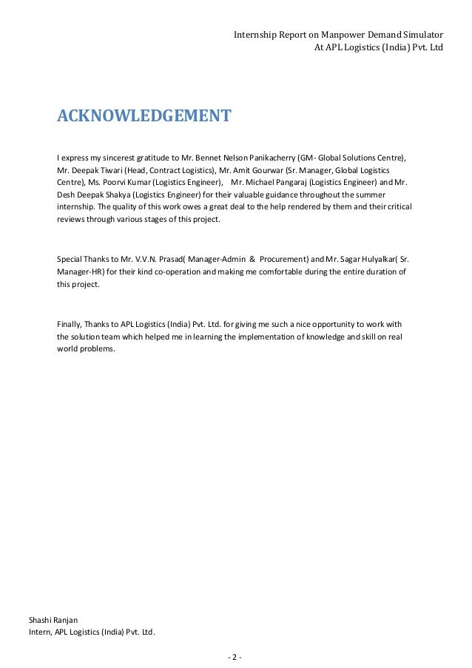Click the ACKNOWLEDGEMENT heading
[144, 116]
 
